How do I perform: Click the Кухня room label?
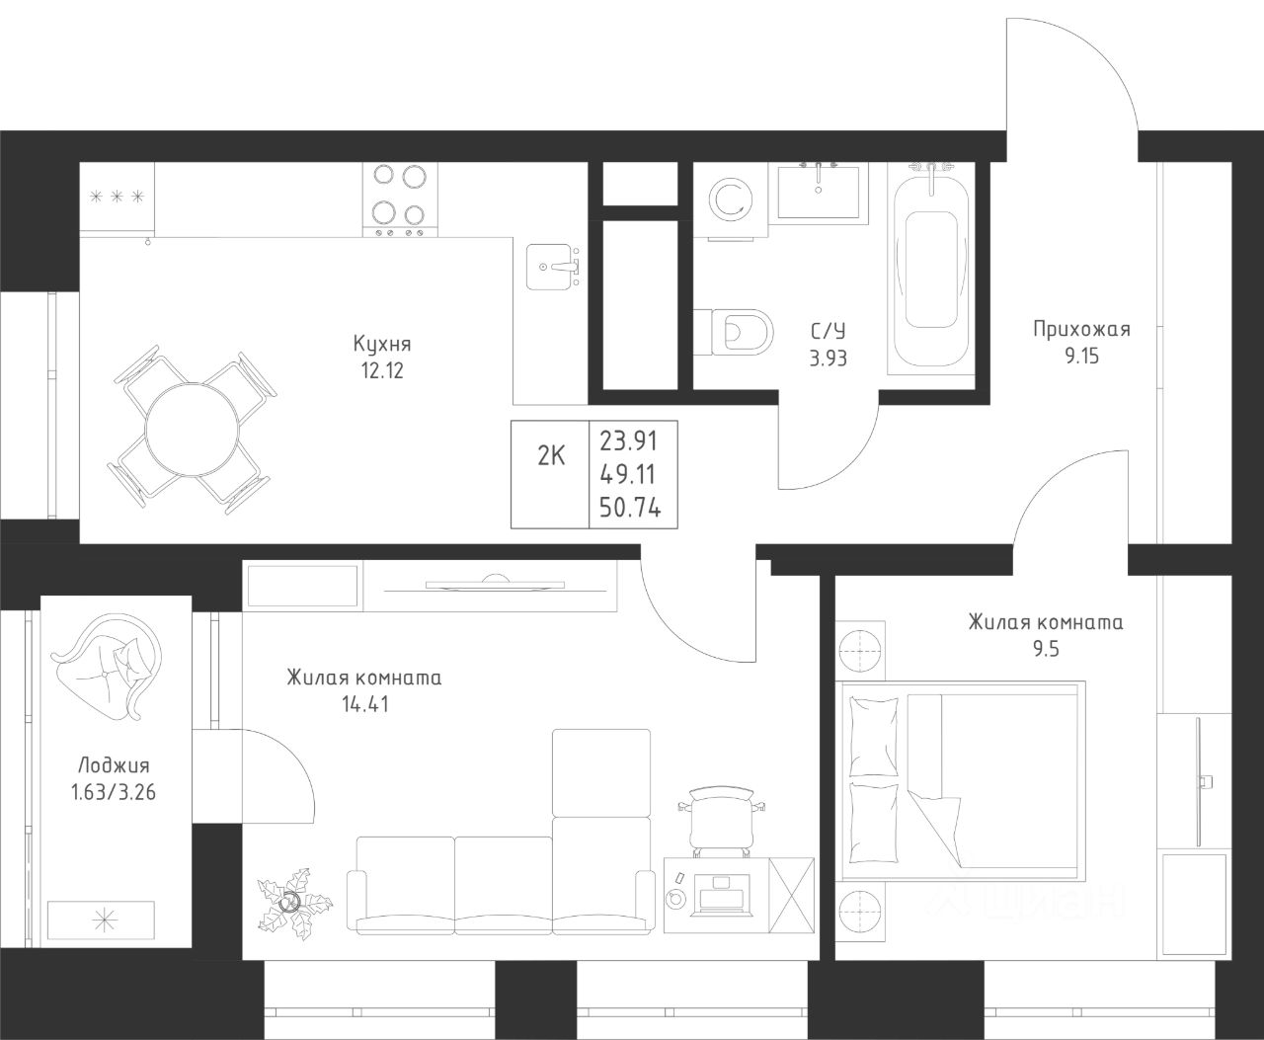pyautogui.click(x=382, y=344)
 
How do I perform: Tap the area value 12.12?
pyautogui.click(x=382, y=371)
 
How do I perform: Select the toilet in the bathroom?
pyautogui.click(x=734, y=332)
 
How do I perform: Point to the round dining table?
pyautogui.click(x=192, y=431)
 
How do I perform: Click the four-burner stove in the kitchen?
pyautogui.click(x=400, y=200)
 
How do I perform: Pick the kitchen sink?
pyautogui.click(x=551, y=267)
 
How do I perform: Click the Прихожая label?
pyautogui.click(x=1081, y=330)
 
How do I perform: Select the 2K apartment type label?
pyautogui.click(x=551, y=456)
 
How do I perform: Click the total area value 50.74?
pyautogui.click(x=630, y=509)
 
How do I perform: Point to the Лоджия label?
pyautogui.click(x=114, y=766)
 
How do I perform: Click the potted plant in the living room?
pyautogui.click(x=293, y=904)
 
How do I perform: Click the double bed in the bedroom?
pyautogui.click(x=964, y=781)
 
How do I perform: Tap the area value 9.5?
pyautogui.click(x=1046, y=649)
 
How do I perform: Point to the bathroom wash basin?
pyautogui.click(x=819, y=192)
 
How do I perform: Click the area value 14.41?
pyautogui.click(x=365, y=705)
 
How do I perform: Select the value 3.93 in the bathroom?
pyautogui.click(x=829, y=359)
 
